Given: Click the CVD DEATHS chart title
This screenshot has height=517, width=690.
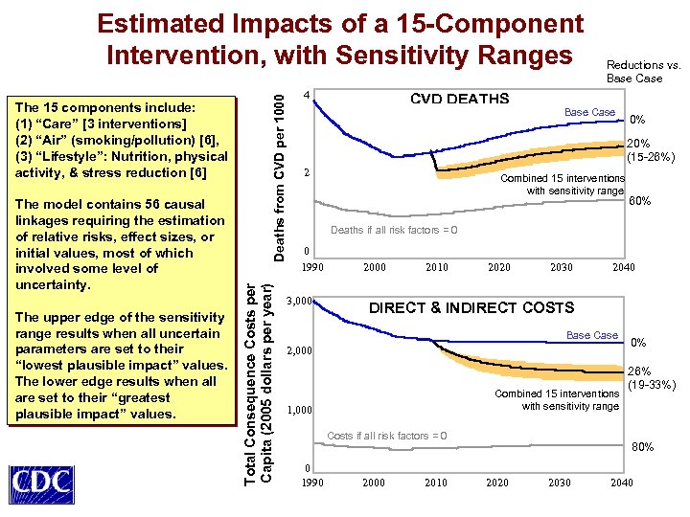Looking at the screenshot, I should [x=459, y=99].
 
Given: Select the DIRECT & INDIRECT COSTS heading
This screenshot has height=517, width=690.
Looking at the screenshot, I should [x=471, y=307].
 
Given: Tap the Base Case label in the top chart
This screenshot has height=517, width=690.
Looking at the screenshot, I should [x=589, y=112].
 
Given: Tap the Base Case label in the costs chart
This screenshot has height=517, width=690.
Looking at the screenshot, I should [x=592, y=335].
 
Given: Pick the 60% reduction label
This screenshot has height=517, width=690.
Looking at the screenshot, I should [x=639, y=201].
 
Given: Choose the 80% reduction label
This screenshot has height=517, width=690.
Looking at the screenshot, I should [x=642, y=446].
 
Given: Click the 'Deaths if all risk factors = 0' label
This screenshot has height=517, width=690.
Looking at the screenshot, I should [x=394, y=230].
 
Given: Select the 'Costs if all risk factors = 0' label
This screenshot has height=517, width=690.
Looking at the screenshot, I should [x=386, y=437].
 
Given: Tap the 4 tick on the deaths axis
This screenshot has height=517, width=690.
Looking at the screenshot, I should [x=305, y=96].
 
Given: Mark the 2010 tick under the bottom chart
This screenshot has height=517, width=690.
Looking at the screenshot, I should [x=436, y=483].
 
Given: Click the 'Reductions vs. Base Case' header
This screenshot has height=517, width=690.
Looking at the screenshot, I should [x=643, y=72].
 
